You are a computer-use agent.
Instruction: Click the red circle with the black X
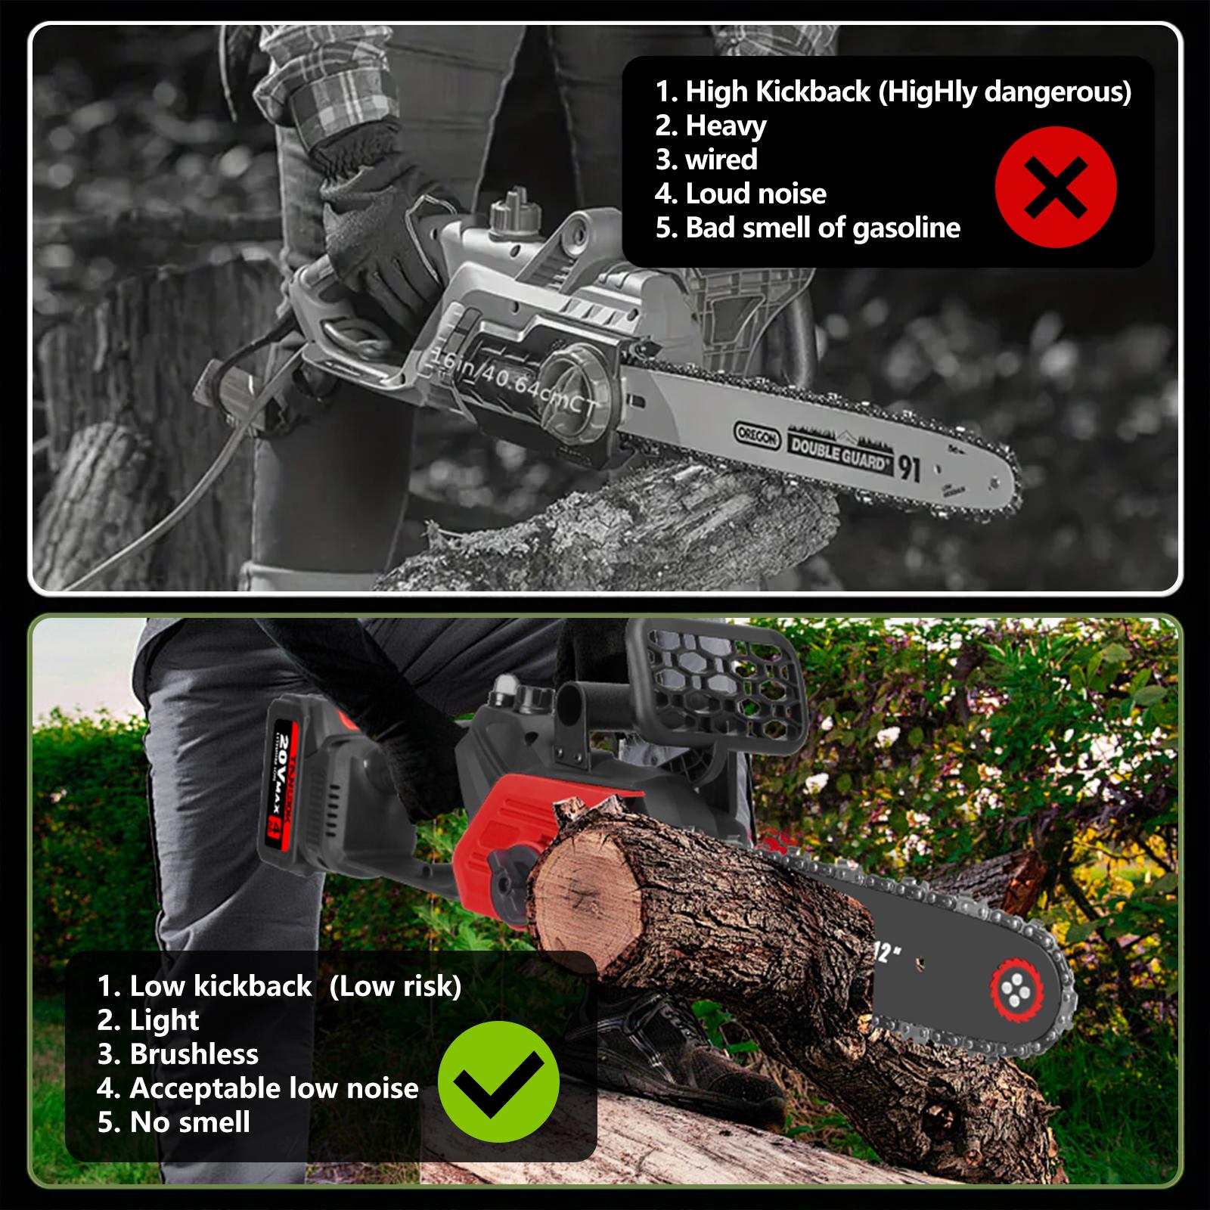1055,187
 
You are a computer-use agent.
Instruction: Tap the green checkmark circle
498,1081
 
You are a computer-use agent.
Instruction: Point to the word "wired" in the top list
721,160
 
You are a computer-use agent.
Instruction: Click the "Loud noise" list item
755,194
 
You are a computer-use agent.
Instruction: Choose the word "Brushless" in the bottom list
194,1053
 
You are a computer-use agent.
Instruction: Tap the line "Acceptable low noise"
274,1087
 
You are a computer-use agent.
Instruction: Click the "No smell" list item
189,1122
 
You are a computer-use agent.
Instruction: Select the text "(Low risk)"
396,985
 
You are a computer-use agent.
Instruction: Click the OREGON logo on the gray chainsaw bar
757,436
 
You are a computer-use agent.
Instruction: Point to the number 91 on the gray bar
909,468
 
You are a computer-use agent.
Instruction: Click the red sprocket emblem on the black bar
1016,988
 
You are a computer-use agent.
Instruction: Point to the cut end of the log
586,896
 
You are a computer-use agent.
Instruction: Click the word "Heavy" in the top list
725,126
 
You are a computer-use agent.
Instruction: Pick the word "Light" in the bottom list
164,1019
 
